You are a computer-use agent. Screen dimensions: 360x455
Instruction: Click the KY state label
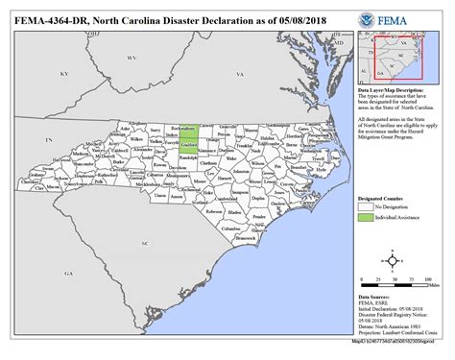click(x=64, y=74)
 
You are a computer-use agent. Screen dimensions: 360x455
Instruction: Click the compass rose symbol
click(x=393, y=259)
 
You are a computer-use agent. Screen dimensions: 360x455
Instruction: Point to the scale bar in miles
click(x=393, y=283)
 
